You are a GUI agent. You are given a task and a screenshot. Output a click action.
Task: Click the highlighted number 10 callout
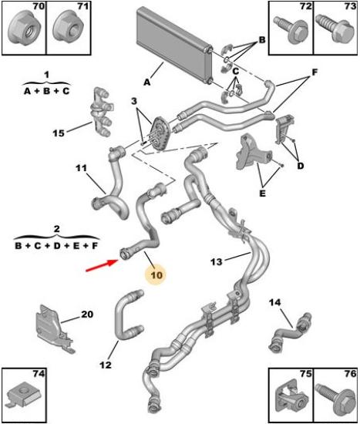pyautogui.click(x=156, y=275)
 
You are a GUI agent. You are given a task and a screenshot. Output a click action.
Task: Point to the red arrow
pyautogui.click(x=102, y=265)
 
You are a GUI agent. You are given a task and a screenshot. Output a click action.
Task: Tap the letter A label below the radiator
pyautogui.click(x=147, y=82)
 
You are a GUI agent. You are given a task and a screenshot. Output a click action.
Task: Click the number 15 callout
pyautogui.click(x=59, y=133)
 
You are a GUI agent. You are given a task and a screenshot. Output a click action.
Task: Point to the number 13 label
pyautogui.click(x=217, y=261)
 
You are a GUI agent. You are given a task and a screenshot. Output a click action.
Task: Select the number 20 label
pyautogui.click(x=87, y=314)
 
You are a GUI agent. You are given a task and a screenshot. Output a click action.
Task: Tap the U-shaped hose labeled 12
pyautogui.click(x=126, y=315)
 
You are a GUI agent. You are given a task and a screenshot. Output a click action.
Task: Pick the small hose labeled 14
pyautogui.click(x=291, y=333)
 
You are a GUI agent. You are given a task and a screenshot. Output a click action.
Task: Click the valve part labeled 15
pyautogui.click(x=102, y=112)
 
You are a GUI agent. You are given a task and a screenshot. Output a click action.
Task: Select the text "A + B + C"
pyautogui.click(x=46, y=91)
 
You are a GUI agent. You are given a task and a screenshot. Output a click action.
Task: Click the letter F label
pyautogui.click(x=315, y=72)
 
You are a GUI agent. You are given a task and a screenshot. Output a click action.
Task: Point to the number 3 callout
pyautogui.click(x=134, y=102)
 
